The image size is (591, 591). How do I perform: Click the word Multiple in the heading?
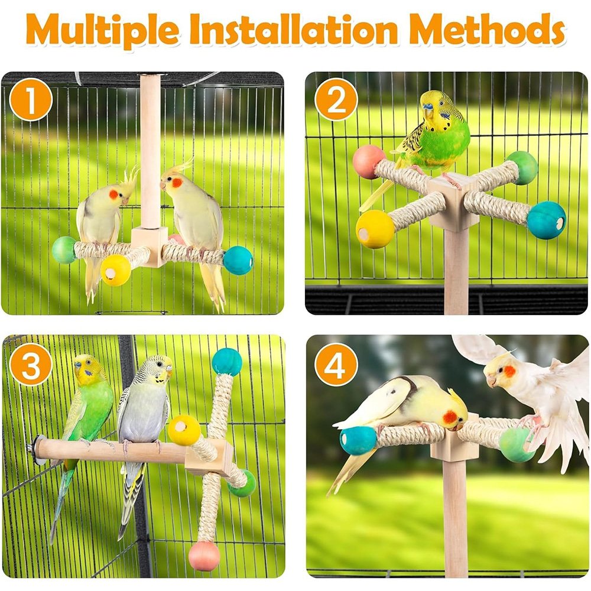pos(102,30)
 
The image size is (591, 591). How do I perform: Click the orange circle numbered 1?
pos(31,100)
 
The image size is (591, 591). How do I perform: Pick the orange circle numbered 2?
pos(336,100)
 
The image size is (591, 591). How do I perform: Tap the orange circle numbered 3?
pos(31,365)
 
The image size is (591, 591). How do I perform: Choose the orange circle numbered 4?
pos(336,365)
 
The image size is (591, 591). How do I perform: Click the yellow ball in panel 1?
pos(115,270)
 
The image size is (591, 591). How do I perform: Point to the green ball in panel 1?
pos(64,250)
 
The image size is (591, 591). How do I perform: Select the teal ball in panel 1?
pos(238,260)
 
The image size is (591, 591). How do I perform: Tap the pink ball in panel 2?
pos(368,162)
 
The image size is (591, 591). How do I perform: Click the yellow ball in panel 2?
pos(375,229)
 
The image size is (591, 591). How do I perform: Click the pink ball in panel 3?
pos(204,556)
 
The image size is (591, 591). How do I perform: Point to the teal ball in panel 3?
pos(227,362)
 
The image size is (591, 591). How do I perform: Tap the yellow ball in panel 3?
pos(184,430)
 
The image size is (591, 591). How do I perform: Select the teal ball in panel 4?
pos(358,440)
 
